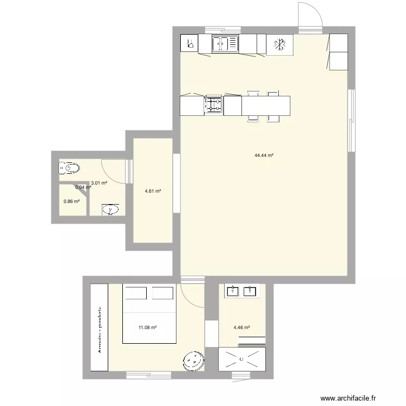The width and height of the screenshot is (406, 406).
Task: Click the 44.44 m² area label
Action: (264, 155)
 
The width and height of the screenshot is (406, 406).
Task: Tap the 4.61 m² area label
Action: (153, 191)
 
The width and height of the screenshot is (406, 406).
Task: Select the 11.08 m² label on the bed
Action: (148, 328)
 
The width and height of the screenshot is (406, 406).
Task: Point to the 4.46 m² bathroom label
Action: (241, 328)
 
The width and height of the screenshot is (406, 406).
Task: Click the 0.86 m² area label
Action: (71, 201)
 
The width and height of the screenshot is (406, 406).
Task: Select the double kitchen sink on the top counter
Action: (225, 44)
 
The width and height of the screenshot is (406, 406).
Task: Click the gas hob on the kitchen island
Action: (213, 105)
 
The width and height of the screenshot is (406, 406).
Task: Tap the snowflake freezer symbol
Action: (280, 44)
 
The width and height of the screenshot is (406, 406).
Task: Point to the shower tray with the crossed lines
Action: (241, 359)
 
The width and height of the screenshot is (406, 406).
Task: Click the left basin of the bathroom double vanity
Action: (233, 291)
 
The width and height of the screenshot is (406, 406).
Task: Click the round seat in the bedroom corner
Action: (193, 361)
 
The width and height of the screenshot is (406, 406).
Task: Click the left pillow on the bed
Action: (136, 293)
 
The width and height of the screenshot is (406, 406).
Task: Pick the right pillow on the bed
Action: (162, 293)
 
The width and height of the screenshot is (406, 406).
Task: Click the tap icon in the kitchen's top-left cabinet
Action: (189, 44)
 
